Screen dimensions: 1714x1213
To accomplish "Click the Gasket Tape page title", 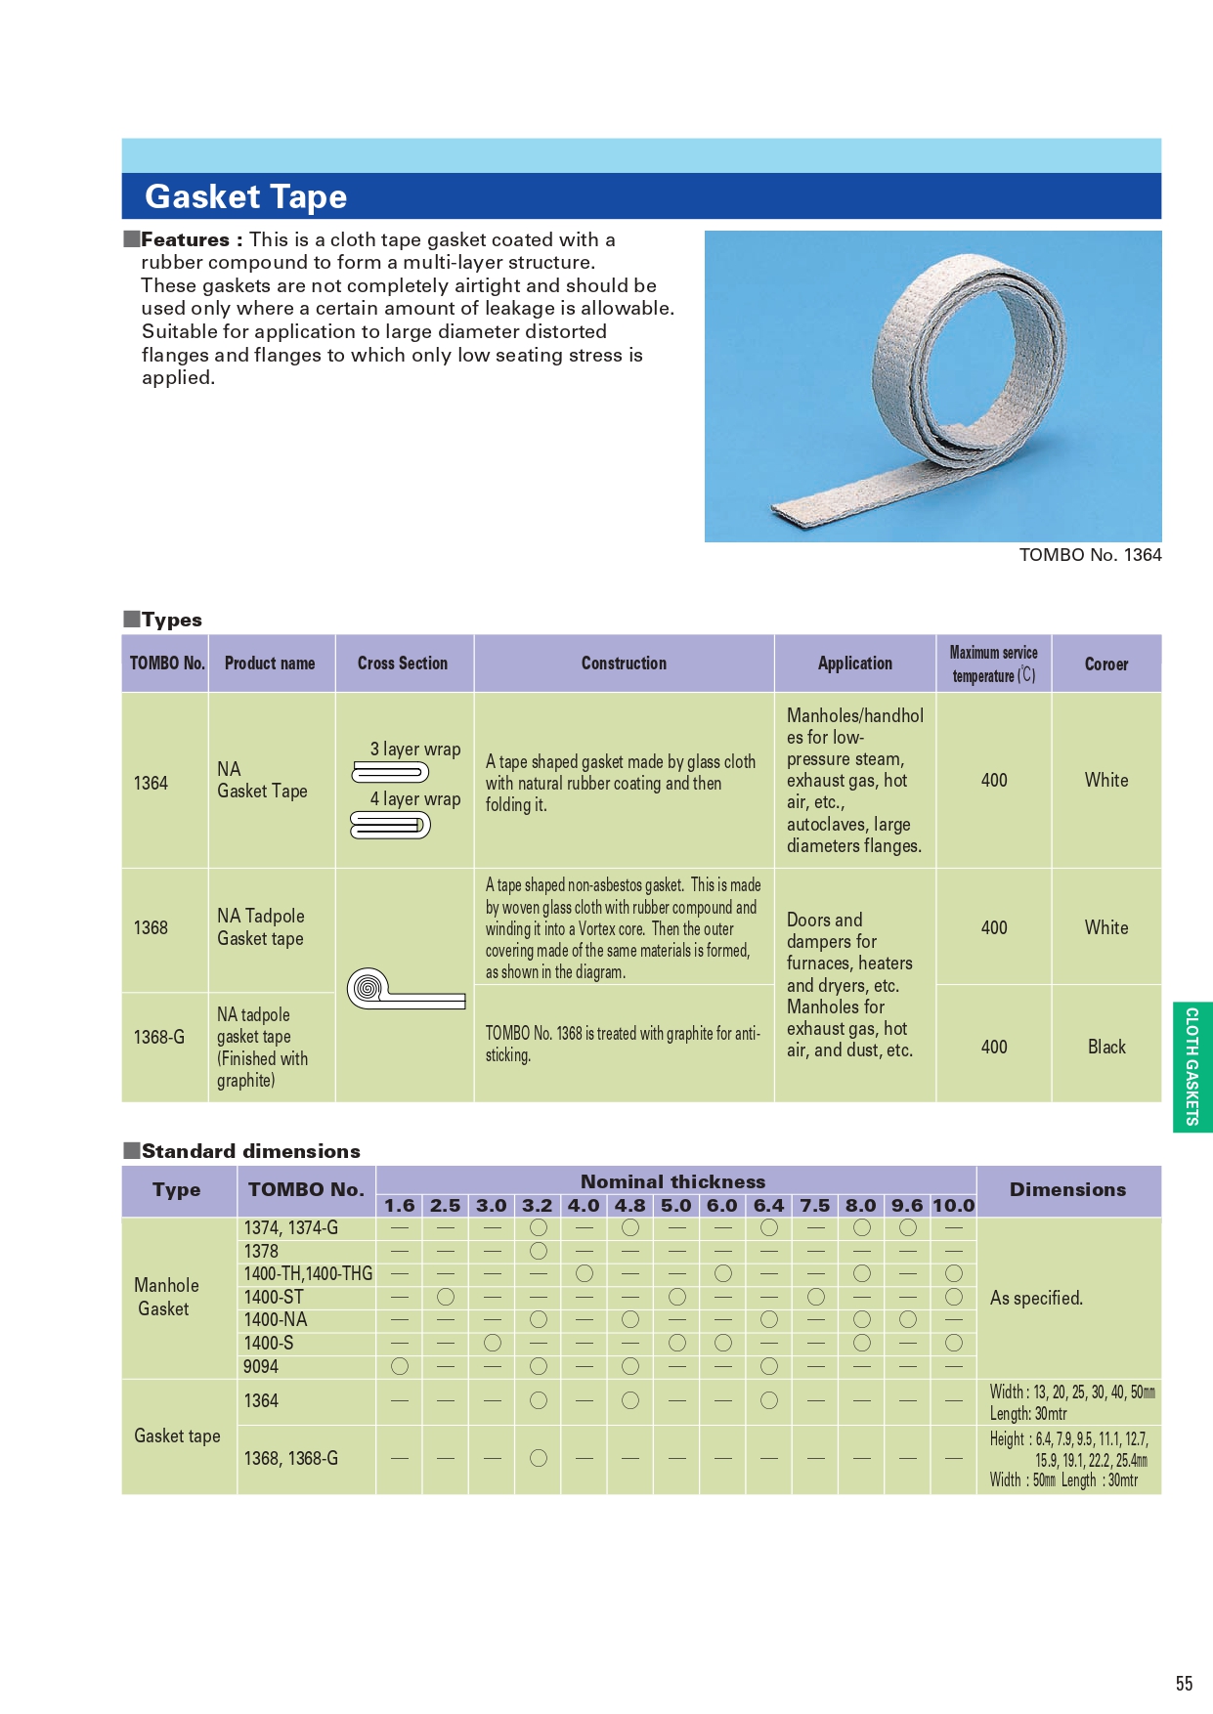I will tap(246, 196).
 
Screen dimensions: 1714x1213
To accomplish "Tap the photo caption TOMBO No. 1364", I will tap(1090, 555).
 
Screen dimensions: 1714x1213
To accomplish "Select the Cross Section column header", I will tap(403, 664).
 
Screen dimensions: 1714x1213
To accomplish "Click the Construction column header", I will tap(624, 664).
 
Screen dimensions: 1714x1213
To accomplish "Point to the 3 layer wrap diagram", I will tap(390, 773).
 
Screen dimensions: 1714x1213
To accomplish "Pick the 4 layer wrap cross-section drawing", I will tap(390, 826).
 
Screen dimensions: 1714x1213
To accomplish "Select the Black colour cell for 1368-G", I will tap(1106, 1047).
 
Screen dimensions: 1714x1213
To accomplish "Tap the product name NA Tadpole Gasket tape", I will tap(261, 927).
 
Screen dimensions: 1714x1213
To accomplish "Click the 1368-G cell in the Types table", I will tap(159, 1037).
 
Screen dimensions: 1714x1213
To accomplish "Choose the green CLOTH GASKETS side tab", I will tap(1192, 1066).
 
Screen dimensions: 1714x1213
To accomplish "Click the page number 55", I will tap(1184, 1684).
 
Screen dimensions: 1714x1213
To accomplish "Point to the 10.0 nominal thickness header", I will tap(953, 1206).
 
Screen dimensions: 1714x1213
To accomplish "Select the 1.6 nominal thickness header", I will tap(399, 1206).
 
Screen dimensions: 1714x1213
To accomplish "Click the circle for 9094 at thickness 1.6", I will tap(400, 1366).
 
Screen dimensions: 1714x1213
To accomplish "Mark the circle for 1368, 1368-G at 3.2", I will tap(538, 1458).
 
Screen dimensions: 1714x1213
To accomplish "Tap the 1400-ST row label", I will tap(274, 1297).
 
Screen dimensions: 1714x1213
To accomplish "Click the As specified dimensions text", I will tap(1036, 1298).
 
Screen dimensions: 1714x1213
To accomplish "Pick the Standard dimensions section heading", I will tap(250, 1151).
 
